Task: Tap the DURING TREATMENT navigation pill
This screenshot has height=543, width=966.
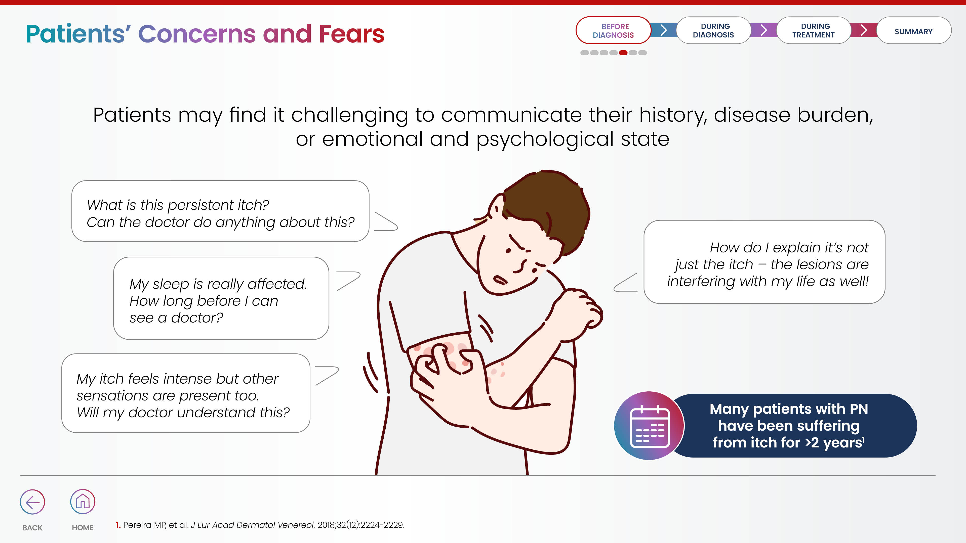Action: click(x=813, y=30)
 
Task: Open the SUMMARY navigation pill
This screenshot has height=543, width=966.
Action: click(x=913, y=31)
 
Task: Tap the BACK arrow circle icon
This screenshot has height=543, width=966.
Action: click(x=32, y=502)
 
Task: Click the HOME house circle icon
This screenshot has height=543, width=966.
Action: click(x=83, y=502)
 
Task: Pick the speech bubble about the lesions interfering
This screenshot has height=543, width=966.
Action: click(x=764, y=262)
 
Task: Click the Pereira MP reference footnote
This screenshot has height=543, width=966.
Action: click(x=260, y=525)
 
